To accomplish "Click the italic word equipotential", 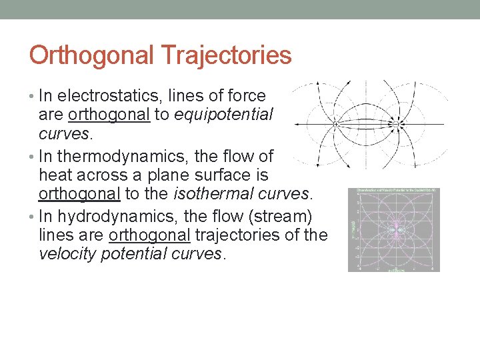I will click(223, 115).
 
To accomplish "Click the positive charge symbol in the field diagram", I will click(335, 124).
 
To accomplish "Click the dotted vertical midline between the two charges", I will click(365, 100).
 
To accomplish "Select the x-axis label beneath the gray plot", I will click(393, 269).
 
